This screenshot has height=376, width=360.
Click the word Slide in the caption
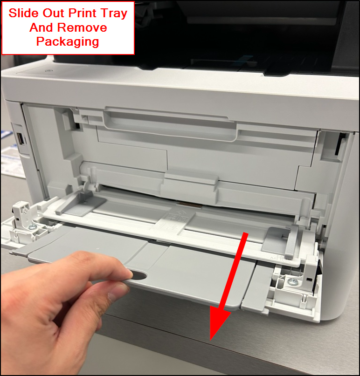click(23, 13)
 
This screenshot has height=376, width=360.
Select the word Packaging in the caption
click(68, 42)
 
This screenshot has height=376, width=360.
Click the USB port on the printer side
click(21, 138)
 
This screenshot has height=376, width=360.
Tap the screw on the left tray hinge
click(32, 226)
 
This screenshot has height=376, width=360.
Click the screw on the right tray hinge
click(292, 281)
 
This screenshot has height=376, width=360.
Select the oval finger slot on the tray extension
click(138, 275)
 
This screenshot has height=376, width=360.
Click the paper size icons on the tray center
click(177, 217)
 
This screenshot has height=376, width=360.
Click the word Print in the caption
click(83, 13)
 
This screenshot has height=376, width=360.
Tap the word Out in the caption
click(53, 13)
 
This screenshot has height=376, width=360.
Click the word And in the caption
click(41, 27)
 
